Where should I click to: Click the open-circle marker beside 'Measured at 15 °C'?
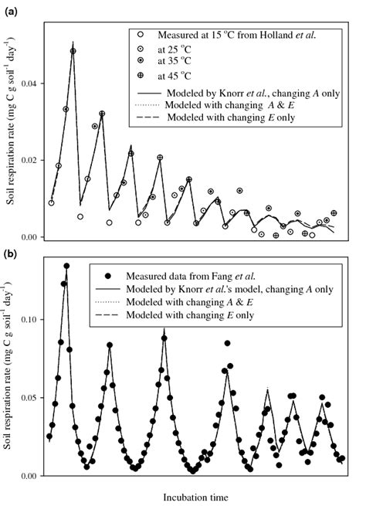pyautogui.click(x=140, y=35)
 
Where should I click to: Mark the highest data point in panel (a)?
pyautogui.click(x=73, y=51)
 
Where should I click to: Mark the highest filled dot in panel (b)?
pyautogui.click(x=66, y=266)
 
